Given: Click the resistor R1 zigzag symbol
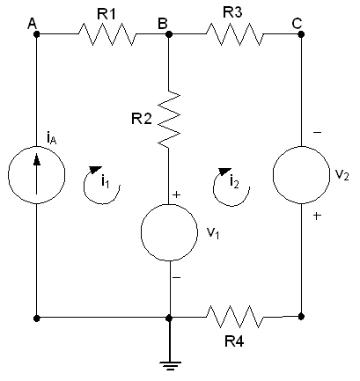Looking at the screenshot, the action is coord(107,34).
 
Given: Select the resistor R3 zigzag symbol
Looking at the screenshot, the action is coord(235,34).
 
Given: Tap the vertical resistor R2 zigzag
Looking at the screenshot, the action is coord(169,119).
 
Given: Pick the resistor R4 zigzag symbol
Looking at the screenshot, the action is coord(235,317).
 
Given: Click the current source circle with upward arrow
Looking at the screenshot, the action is coord(36,175).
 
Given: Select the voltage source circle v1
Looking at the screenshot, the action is coord(169,232).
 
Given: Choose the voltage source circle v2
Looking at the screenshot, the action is coord(301,175).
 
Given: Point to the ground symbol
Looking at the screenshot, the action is coord(169,366).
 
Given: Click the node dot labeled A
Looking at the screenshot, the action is coord(36,34).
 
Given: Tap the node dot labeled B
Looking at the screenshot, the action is coord(169,34).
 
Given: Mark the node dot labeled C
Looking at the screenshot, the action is coord(301,34).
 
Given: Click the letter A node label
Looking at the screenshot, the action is coord(33,24).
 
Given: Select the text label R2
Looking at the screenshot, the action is coord(142,119).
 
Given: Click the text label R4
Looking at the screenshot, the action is coord(234,341).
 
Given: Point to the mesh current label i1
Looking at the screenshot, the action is coord(105,181).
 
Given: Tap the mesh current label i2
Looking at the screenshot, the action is coord(234,182).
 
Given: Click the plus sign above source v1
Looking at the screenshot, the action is coord(176,194).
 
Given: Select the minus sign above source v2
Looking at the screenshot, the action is coord(317,133).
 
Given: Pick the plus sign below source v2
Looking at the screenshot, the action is coord(317,216).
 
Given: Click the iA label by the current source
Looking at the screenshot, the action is coord(52,138).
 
